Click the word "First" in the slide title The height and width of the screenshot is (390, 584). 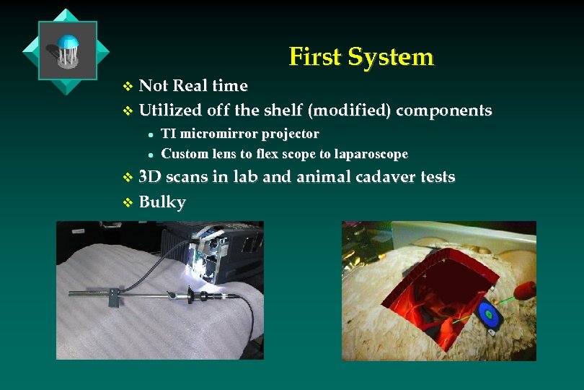pos(315,56)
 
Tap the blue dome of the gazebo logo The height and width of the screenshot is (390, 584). pos(67,43)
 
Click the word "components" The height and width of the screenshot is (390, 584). pos(444,110)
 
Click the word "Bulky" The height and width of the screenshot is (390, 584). pos(162,201)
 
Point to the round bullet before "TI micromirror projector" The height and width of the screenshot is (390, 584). pos(149,135)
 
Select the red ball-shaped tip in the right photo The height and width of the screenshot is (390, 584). pos(526,290)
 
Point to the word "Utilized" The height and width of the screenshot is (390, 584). pos(170,110)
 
